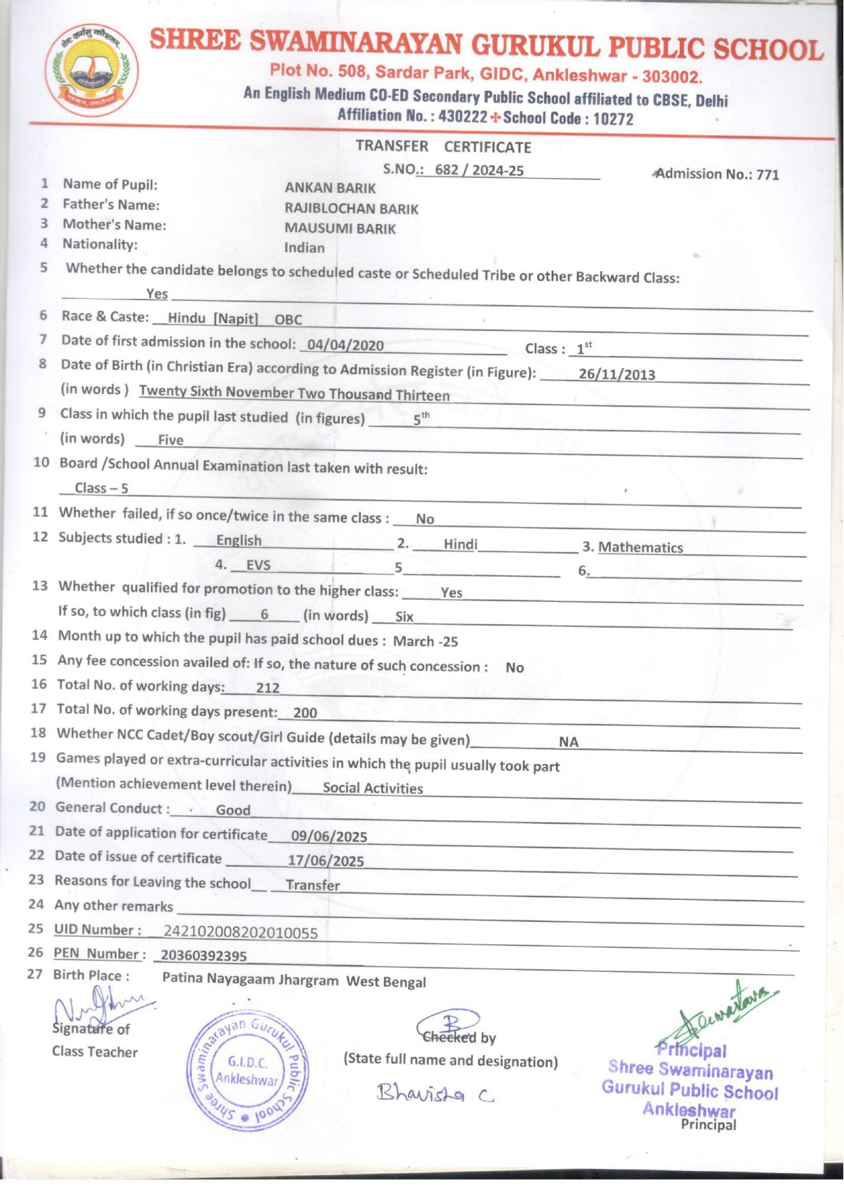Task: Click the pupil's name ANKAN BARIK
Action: point(330,188)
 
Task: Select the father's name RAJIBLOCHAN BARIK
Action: point(351,209)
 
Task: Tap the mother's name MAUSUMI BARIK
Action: point(340,229)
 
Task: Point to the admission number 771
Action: point(767,175)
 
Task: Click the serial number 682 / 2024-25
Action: point(479,170)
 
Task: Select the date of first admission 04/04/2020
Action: point(346,345)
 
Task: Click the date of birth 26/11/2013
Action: point(616,374)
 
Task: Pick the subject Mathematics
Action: point(640,547)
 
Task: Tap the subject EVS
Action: point(258,565)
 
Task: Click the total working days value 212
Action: point(268,688)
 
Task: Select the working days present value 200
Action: point(305,712)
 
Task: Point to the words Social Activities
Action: point(372,788)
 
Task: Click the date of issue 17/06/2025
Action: point(326,861)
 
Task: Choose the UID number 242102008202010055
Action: point(241,933)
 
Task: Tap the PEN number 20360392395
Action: point(204,956)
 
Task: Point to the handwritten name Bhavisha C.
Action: point(435,1094)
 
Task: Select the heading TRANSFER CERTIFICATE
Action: point(443,147)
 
